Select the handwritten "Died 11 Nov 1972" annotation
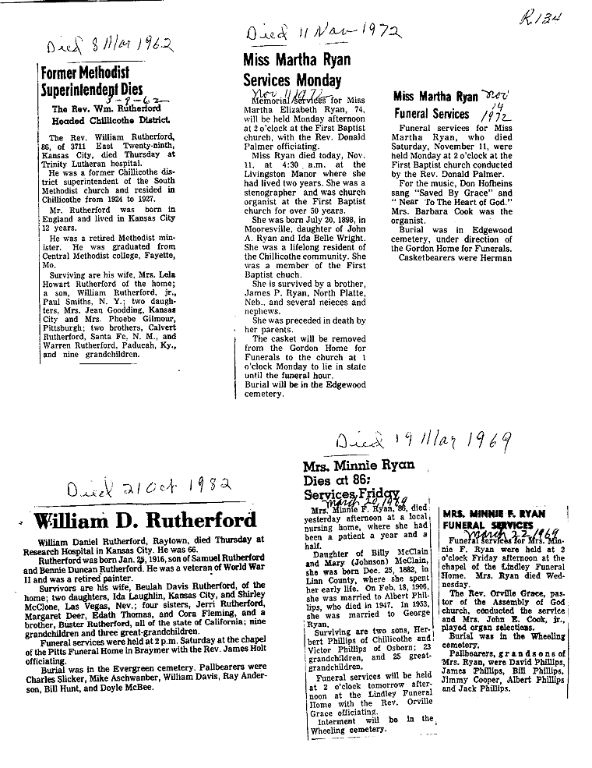click(322, 34)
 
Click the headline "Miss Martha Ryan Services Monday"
click(297, 70)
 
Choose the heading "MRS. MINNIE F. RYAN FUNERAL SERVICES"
click(492, 521)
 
